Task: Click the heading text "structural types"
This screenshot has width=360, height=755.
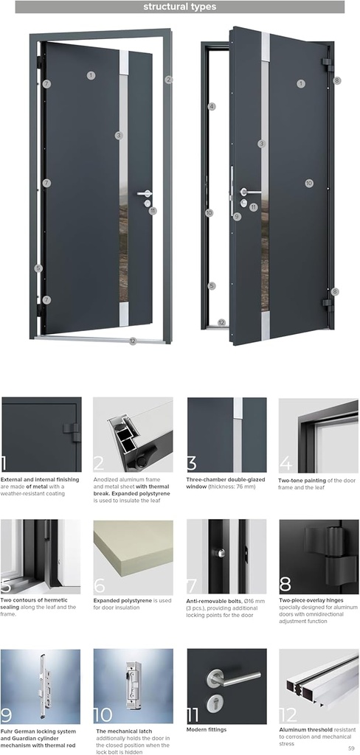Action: (x=180, y=7)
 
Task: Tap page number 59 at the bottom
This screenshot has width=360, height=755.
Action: (x=351, y=748)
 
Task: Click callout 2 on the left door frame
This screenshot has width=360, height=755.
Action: (x=169, y=80)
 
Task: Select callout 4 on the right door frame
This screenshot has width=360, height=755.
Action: (x=212, y=107)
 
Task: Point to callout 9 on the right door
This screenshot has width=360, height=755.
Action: (x=237, y=217)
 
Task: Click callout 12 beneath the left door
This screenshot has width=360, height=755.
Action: (x=133, y=341)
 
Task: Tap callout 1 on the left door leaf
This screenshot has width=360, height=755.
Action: (x=91, y=75)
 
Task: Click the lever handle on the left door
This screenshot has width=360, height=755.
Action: (x=143, y=193)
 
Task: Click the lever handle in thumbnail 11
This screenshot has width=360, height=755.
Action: (x=233, y=677)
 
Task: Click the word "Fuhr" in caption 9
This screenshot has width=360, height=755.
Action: (x=7, y=730)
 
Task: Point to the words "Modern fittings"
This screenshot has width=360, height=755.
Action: (x=207, y=730)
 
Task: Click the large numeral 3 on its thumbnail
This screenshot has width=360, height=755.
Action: (x=192, y=464)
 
